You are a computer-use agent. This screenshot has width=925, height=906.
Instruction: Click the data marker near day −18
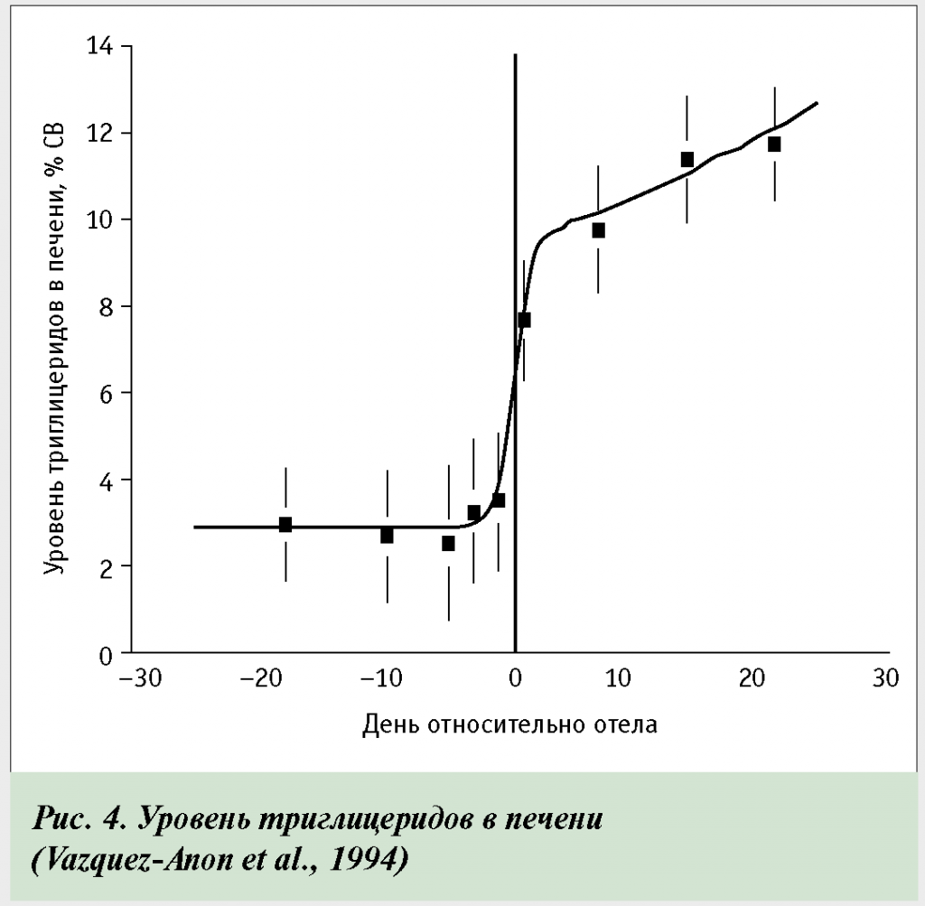(285, 525)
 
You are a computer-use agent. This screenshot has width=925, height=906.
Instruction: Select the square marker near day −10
(387, 536)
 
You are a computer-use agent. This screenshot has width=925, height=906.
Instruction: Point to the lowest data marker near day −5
(448, 544)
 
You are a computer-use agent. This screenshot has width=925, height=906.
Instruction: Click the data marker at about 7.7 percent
(524, 320)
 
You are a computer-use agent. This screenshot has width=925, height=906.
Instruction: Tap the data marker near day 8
(598, 230)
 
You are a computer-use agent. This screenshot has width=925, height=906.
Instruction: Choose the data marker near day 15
(687, 159)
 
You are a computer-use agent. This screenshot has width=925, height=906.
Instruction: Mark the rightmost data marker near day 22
(774, 145)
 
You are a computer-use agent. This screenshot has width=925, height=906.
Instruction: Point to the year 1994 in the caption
(367, 858)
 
